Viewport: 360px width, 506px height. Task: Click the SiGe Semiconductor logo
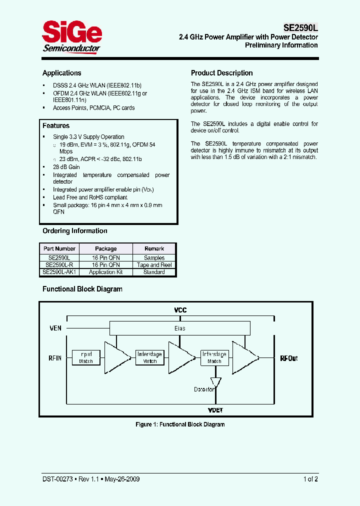click(x=71, y=36)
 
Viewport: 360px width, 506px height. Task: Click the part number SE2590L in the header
click(x=297, y=29)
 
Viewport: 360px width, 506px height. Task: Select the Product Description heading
click(x=221, y=73)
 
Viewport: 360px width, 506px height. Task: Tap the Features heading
click(x=56, y=126)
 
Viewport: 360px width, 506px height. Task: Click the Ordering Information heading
click(x=75, y=231)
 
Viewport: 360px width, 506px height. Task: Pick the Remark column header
click(x=154, y=248)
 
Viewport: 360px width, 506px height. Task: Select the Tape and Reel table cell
click(x=154, y=265)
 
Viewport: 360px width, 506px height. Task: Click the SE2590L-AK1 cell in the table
click(x=59, y=272)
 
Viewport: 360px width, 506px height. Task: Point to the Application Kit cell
click(x=105, y=272)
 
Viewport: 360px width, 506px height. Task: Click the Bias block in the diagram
click(x=179, y=328)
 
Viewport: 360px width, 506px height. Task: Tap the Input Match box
click(x=85, y=357)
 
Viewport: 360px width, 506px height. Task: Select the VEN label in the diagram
click(x=55, y=328)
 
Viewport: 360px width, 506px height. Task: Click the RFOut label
click(x=289, y=358)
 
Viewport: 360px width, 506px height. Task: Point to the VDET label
click(x=215, y=410)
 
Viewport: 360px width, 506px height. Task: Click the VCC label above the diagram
click(x=180, y=310)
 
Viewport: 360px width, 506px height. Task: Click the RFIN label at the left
click(x=55, y=358)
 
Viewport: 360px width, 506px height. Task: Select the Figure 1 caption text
click(x=180, y=424)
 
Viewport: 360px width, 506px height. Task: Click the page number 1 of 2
click(x=310, y=479)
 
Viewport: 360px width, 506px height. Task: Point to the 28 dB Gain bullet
click(x=66, y=167)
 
